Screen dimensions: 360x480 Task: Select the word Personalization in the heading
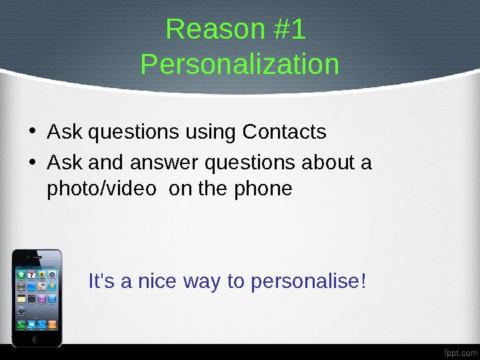pos(240,65)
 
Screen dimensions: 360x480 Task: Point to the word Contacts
pos(284,132)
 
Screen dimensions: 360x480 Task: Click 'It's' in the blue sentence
pos(101,282)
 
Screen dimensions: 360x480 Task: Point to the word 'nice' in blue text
pos(155,282)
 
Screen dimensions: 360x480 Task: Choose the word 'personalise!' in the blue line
pos(307,282)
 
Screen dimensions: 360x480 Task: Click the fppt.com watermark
pos(459,351)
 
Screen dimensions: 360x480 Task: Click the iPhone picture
pos(37,297)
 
